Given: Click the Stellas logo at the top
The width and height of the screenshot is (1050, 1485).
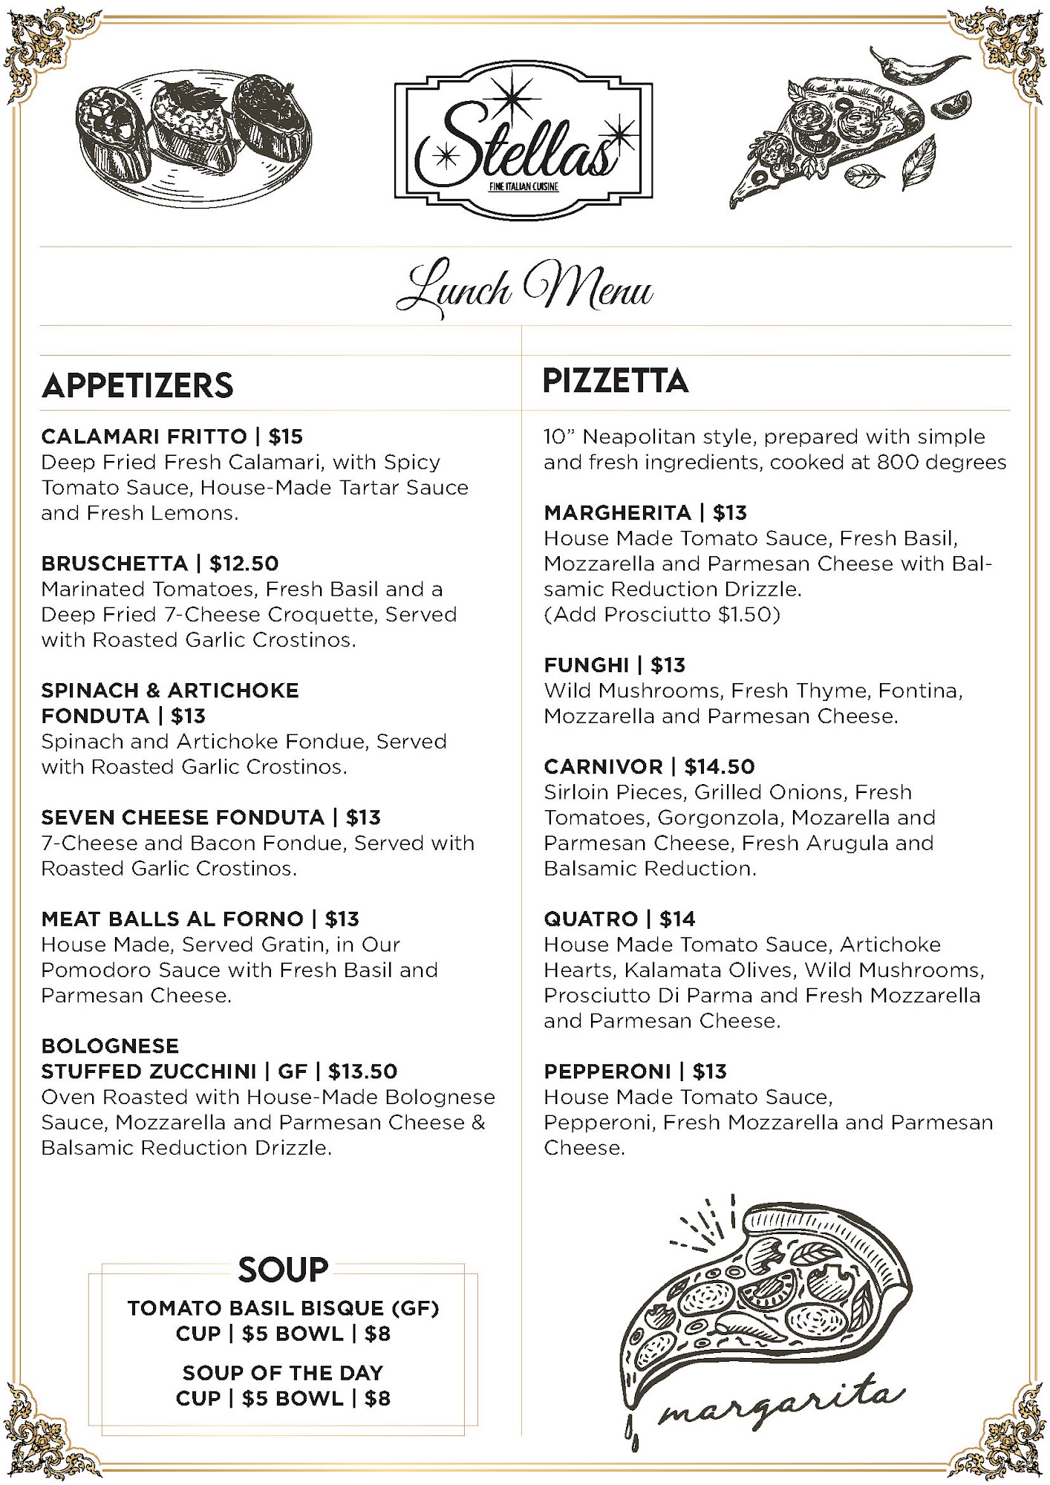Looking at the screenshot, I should click(523, 141).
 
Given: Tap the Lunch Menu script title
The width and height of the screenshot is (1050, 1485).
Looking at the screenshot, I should click(524, 288).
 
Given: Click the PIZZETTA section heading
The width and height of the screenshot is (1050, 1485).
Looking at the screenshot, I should click(616, 381).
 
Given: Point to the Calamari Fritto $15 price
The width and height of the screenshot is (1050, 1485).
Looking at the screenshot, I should click(286, 437).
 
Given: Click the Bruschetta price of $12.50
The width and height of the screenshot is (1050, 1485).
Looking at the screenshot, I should click(244, 564).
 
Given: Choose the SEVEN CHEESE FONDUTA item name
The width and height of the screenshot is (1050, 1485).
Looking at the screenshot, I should click(183, 817).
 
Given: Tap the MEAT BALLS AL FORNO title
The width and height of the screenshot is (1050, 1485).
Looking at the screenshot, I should click(172, 919).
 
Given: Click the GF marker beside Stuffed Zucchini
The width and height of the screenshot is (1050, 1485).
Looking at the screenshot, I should click(292, 1071).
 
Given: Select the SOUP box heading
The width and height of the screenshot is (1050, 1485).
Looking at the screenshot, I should click(283, 1270).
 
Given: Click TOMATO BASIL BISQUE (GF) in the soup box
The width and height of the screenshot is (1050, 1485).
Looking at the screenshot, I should click(283, 1308).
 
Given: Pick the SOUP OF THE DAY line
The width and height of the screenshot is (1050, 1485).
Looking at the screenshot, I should click(283, 1373).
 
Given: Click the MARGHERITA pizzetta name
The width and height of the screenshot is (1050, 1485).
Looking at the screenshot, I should click(617, 513).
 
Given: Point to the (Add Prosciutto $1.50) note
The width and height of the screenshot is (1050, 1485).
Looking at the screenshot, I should click(662, 615).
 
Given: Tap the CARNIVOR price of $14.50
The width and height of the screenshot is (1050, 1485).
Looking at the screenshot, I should click(720, 767).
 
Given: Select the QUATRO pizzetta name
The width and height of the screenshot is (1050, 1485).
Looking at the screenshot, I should click(590, 919).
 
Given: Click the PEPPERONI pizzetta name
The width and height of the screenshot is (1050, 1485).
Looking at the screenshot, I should click(607, 1071).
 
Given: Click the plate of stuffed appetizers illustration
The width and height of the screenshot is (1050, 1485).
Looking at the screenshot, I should click(193, 137).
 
